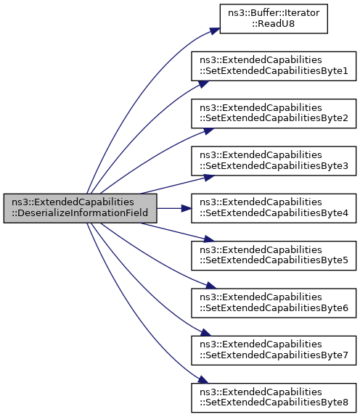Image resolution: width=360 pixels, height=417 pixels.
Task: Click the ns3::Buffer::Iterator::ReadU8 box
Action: click(274, 19)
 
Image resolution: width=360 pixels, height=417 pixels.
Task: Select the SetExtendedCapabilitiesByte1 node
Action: click(274, 66)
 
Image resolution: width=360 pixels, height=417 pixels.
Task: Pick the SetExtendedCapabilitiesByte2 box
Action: click(274, 114)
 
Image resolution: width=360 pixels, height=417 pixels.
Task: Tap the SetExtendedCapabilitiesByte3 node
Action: click(274, 161)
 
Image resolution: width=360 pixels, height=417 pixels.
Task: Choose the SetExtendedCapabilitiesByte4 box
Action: click(274, 208)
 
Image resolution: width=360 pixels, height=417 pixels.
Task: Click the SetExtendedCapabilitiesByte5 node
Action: click(274, 255)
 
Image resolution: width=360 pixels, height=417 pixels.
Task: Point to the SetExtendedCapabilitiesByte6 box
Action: click(274, 303)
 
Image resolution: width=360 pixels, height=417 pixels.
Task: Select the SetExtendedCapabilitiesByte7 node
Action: click(274, 350)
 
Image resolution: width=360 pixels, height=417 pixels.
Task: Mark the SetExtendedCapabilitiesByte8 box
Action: click(274, 398)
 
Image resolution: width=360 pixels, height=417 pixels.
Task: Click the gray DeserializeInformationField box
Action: click(80, 208)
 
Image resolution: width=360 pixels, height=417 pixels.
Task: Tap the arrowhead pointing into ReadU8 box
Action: click(215, 31)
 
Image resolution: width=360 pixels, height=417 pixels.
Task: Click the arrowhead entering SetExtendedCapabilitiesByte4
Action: click(187, 208)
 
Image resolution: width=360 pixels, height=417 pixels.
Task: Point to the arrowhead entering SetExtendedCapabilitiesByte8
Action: click(203, 380)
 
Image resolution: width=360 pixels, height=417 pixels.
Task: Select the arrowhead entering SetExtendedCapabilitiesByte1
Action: click(203, 84)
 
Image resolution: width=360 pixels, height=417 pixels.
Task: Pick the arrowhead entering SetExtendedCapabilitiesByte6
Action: click(211, 286)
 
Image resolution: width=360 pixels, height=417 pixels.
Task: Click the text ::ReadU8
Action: click(274, 24)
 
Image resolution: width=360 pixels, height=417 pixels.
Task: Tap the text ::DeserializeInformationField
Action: click(80, 213)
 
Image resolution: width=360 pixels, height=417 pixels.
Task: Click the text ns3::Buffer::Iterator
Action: click(274, 13)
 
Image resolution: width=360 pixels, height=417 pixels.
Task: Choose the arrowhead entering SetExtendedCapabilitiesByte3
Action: click(209, 178)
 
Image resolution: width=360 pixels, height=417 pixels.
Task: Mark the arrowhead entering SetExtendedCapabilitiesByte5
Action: click(209, 239)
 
